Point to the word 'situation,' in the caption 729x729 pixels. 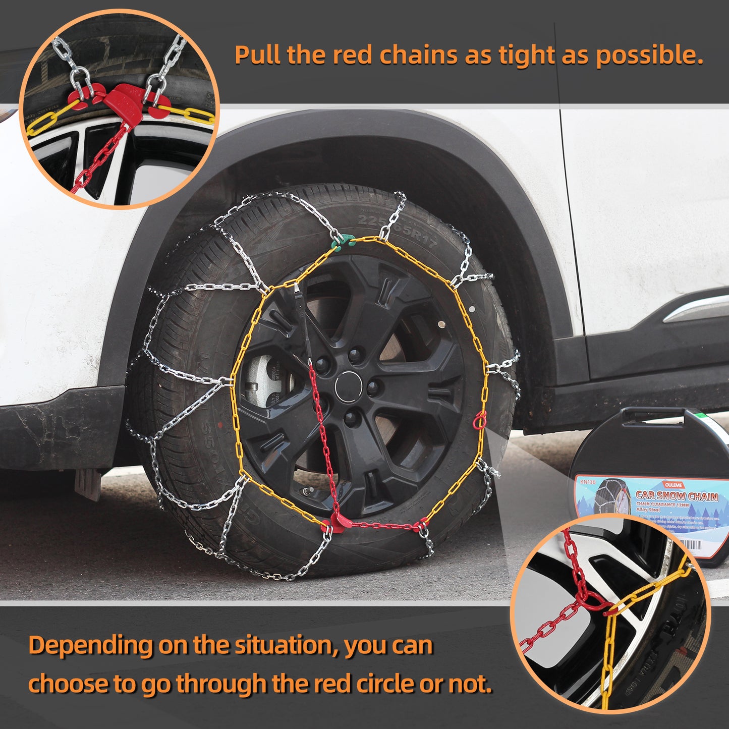[287, 646]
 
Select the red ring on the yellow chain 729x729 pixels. [479, 420]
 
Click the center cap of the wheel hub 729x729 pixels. [348, 387]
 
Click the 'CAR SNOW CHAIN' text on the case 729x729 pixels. [676, 496]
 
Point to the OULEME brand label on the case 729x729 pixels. [673, 485]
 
